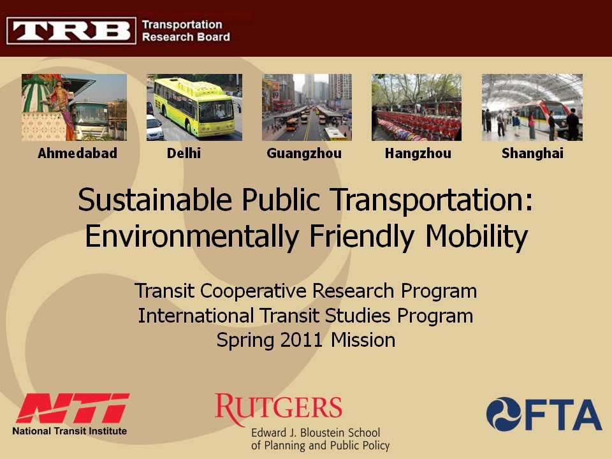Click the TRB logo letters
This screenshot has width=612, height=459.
[71, 30]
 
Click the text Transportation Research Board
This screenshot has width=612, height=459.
[186, 31]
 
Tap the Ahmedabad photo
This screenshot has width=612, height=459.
[74, 107]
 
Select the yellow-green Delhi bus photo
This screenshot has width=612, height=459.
[194, 107]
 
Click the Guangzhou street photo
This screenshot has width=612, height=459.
[307, 107]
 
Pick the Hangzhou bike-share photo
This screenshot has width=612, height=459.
[416, 107]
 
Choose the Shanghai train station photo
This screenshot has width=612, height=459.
[532, 107]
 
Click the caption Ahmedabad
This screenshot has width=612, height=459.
[77, 154]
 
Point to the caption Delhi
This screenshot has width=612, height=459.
[184, 154]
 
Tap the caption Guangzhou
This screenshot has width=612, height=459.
[304, 154]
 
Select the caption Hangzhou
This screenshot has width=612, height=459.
[418, 154]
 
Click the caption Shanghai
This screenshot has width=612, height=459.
[532, 154]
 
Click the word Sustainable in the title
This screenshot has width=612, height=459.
[155, 201]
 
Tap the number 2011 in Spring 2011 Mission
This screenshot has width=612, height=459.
[303, 340]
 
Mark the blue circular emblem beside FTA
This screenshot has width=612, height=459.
[504, 414]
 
